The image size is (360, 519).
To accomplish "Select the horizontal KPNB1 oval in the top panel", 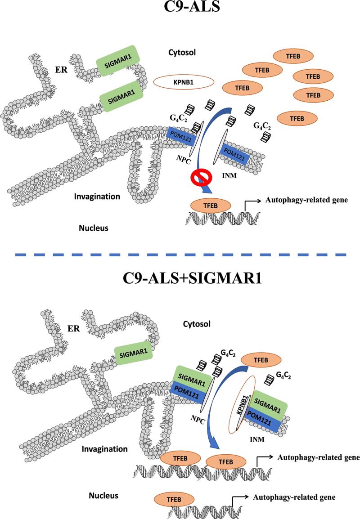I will coord(184,82).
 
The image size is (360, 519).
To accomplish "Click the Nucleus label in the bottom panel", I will coord(103,496).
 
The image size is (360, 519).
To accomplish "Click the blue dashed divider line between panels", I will coord(180,255).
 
